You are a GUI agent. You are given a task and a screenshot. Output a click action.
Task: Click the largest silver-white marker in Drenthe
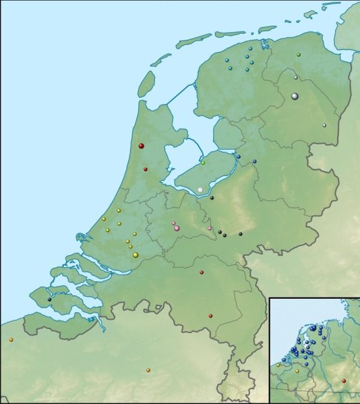(x=295, y=96)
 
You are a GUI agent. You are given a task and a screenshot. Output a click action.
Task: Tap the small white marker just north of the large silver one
(x=295, y=78)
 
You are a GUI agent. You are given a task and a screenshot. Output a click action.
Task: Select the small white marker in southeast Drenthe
(x=324, y=125)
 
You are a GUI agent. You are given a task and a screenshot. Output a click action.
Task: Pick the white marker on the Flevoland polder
(x=200, y=190)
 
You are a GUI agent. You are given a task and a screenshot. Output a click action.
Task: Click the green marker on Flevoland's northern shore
(x=203, y=163)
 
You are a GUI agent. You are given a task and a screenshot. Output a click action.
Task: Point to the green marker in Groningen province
(x=298, y=54)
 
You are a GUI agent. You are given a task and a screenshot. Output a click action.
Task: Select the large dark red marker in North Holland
(x=141, y=146)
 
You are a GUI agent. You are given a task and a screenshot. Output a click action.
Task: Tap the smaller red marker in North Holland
(x=145, y=169)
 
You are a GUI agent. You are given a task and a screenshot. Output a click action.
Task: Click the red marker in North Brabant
(x=202, y=272)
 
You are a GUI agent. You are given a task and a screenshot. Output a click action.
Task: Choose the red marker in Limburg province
(x=210, y=316)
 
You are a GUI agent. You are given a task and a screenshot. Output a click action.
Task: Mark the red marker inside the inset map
(x=344, y=380)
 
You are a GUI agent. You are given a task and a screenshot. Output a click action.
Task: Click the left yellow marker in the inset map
(x=278, y=365)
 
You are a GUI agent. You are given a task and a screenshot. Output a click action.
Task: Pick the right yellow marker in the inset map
(x=297, y=371)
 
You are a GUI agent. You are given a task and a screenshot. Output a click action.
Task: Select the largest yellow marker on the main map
(x=136, y=254)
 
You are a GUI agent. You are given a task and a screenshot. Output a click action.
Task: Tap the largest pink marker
(x=177, y=229)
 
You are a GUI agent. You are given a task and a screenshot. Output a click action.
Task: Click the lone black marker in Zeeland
(x=49, y=299)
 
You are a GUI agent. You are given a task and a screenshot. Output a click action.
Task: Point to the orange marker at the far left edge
(x=11, y=339)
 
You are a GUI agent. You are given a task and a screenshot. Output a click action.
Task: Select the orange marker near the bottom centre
(x=148, y=370)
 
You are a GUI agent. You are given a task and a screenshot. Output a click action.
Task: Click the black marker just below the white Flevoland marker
(x=212, y=198)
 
